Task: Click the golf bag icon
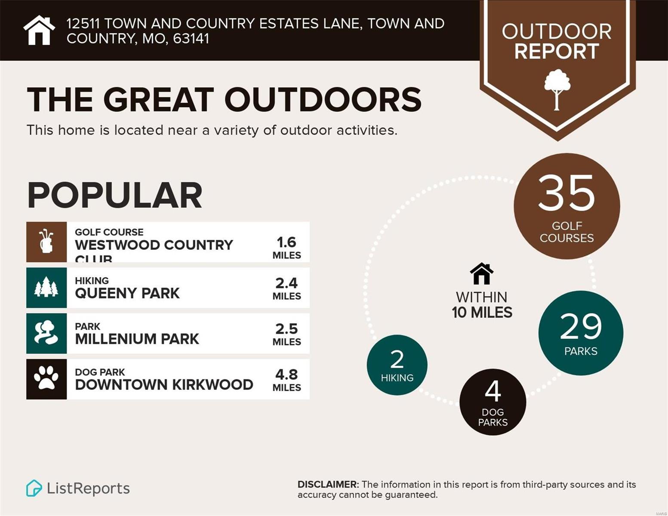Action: click(x=46, y=242)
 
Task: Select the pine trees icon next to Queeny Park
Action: click(x=46, y=287)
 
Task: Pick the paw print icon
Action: click(x=46, y=379)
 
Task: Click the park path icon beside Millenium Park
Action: click(x=46, y=333)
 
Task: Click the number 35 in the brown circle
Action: click(x=566, y=193)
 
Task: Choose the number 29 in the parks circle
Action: click(x=581, y=327)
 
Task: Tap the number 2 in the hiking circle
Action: click(x=397, y=359)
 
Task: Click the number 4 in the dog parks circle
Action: click(x=493, y=391)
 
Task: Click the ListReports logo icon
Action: click(x=34, y=488)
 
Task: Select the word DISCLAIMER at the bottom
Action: click(x=328, y=485)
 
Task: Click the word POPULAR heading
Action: click(x=115, y=196)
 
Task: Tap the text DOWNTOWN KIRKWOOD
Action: click(x=164, y=385)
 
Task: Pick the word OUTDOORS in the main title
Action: click(x=323, y=100)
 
